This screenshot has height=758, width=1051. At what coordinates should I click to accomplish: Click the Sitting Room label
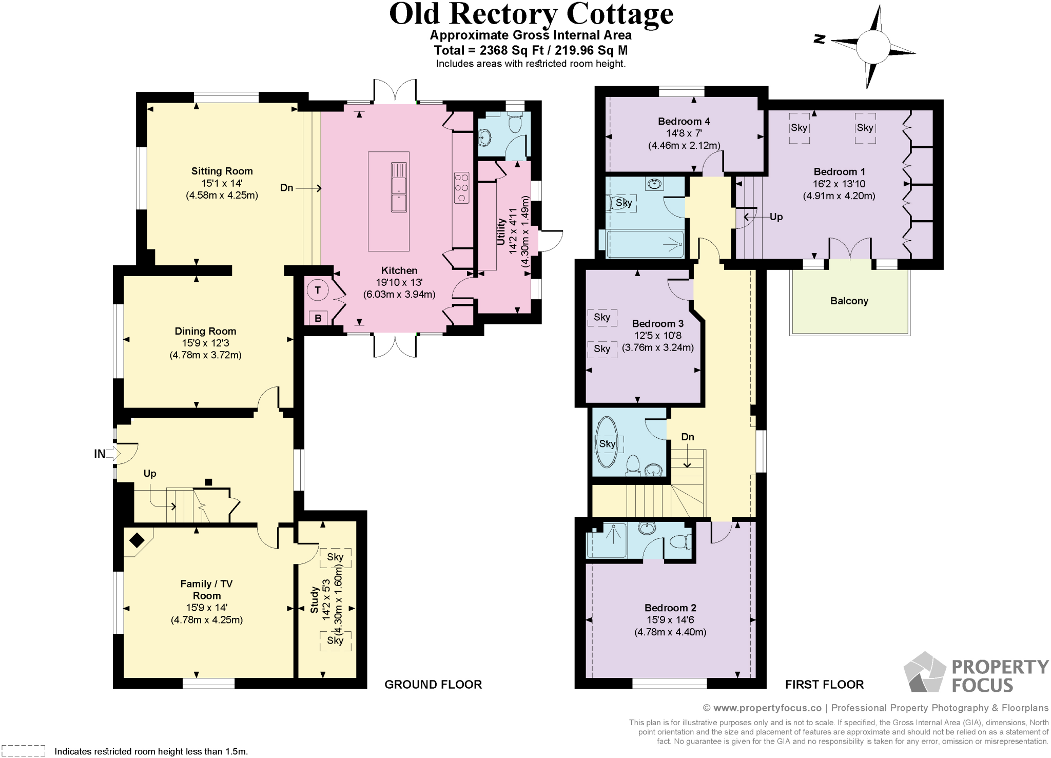(x=222, y=171)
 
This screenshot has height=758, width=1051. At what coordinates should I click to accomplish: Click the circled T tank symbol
(x=318, y=290)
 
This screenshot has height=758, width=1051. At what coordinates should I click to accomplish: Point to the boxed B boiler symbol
(x=318, y=318)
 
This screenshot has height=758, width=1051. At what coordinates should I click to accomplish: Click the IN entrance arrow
(x=112, y=454)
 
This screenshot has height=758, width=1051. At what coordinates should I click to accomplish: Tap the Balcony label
(x=849, y=301)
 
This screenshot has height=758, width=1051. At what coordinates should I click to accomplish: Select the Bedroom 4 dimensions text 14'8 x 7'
(x=684, y=133)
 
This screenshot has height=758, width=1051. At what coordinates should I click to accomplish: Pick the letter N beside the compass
(x=820, y=39)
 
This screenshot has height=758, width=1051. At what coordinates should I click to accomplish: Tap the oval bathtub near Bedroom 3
(x=607, y=443)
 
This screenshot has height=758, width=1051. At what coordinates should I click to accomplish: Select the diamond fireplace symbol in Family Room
(x=137, y=540)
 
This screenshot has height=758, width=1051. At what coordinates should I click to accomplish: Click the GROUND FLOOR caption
(x=433, y=684)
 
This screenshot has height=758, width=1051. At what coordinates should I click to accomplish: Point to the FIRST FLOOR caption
(x=824, y=684)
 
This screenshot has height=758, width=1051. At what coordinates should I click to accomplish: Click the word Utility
(x=501, y=231)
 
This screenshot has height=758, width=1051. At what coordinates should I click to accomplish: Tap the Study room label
(x=314, y=600)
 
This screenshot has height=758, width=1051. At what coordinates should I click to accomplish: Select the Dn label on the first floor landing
(x=687, y=437)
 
